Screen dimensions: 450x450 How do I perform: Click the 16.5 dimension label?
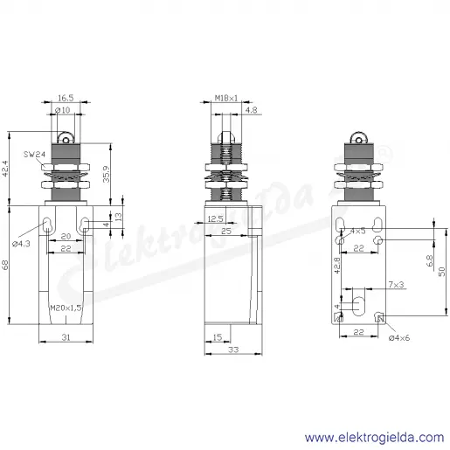(x=66, y=98)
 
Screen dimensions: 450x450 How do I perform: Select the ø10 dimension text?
(x=63, y=110)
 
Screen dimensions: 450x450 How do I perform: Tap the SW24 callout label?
(x=34, y=154)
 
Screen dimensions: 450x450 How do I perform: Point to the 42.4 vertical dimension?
(x=5, y=169)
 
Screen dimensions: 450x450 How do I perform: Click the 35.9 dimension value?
(x=107, y=174)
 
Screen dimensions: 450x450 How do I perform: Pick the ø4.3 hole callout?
(x=21, y=244)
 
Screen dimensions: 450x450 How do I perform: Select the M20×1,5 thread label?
(x=66, y=308)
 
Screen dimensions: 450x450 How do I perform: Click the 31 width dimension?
(x=66, y=337)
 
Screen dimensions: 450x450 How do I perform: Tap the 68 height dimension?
(x=5, y=265)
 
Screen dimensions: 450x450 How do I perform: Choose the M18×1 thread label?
(x=226, y=98)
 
